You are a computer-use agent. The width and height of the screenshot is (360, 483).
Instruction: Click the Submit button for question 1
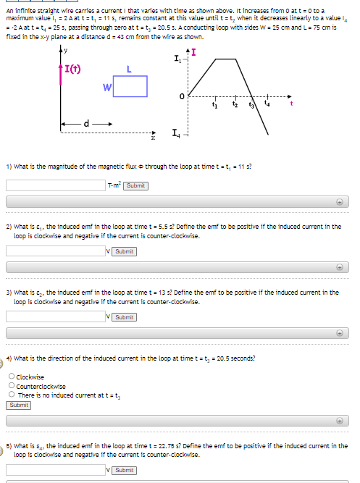click(x=135, y=185)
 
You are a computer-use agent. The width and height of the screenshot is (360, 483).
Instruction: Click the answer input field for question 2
click(x=56, y=251)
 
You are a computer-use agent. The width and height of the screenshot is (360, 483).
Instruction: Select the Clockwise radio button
click(x=11, y=377)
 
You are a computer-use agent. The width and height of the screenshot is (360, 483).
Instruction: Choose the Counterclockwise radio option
click(x=11, y=386)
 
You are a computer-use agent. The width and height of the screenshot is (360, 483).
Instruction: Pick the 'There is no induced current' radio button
click(x=11, y=395)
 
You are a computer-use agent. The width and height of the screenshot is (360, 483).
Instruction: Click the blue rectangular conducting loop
click(x=130, y=86)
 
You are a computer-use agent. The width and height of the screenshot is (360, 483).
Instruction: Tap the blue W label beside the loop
click(x=106, y=88)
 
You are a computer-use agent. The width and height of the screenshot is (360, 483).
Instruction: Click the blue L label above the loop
click(x=128, y=69)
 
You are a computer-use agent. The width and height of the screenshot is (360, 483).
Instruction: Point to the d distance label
click(x=88, y=123)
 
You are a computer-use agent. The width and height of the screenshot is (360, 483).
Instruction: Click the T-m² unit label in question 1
click(x=114, y=185)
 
